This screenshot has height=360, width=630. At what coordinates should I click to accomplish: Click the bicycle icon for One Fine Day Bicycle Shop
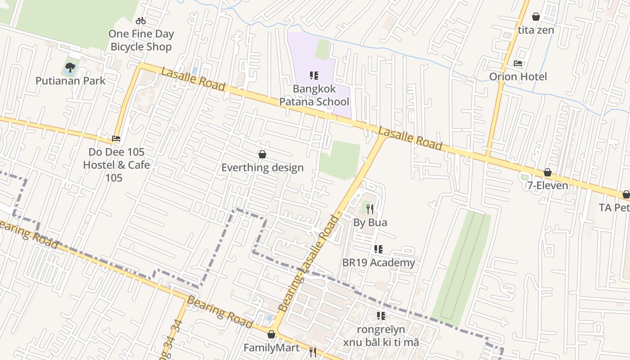(141, 21)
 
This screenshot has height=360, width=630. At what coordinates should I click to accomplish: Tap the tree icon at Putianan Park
(70, 68)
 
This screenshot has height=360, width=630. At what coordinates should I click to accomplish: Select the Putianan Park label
(71, 81)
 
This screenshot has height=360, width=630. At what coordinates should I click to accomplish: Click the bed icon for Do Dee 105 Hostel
(116, 139)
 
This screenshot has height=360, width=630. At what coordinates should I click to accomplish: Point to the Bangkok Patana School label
(314, 95)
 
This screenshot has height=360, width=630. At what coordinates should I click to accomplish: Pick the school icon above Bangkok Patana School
(314, 76)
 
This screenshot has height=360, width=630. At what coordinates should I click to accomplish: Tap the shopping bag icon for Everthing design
(262, 155)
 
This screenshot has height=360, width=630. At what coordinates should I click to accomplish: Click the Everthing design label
(262, 168)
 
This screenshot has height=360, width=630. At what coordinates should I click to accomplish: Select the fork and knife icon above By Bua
(370, 209)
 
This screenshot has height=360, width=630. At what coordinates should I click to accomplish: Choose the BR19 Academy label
(378, 263)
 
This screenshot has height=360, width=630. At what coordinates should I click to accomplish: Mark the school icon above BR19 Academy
(378, 249)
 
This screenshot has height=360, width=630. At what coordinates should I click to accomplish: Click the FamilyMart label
(271, 348)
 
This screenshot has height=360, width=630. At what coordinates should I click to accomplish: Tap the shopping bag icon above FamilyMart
(271, 334)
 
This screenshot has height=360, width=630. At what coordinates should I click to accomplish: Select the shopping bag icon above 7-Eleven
(548, 172)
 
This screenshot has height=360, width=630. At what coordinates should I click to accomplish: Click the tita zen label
(536, 30)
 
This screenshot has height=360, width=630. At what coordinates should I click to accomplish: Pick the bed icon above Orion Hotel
(518, 63)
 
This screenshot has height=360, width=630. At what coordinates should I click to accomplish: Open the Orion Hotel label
(518, 76)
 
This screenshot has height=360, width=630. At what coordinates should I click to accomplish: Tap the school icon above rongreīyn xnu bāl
(381, 316)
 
